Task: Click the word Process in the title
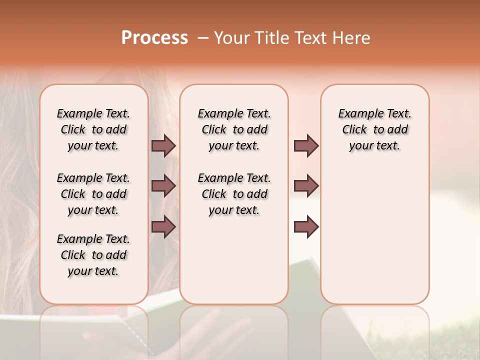154,38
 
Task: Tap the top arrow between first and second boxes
163,145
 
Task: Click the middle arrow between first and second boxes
163,186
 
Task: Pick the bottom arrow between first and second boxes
163,227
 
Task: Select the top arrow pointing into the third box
306,145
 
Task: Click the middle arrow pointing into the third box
306,186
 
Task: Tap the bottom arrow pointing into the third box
306,227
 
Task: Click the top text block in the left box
93,129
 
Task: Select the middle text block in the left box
93,194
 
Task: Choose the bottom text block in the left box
93,255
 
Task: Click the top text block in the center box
234,129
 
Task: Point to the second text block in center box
234,194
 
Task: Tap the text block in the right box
374,129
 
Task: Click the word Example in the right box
356,114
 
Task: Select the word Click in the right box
354,130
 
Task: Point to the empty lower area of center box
234,260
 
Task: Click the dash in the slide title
202,38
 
